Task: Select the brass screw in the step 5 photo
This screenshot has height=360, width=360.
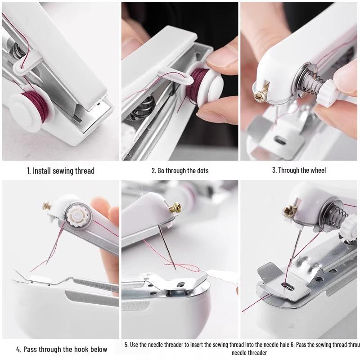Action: point(175,207)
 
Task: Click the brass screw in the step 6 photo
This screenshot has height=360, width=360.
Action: point(289,210)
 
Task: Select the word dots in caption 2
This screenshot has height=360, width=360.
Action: point(201,171)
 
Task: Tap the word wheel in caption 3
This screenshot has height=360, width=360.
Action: point(317,171)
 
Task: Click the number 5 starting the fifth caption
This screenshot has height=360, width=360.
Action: point(126,345)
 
